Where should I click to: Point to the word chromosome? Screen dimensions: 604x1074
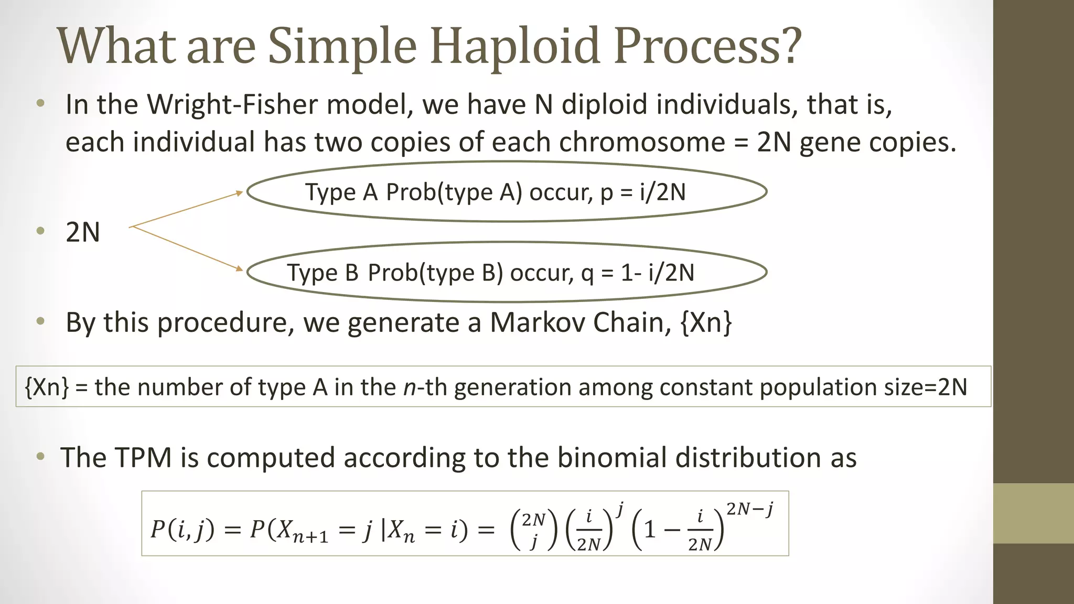coord(642,142)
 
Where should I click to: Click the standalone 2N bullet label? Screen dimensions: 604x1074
coord(83,232)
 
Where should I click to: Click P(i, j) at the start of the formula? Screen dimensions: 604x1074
coord(182,530)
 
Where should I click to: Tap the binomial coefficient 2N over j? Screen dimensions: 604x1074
coord(534,531)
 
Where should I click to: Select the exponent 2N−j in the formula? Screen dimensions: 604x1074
coord(750,509)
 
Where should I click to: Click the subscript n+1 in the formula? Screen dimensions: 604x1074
coord(310,537)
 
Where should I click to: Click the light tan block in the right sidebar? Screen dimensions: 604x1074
coord(1034,513)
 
